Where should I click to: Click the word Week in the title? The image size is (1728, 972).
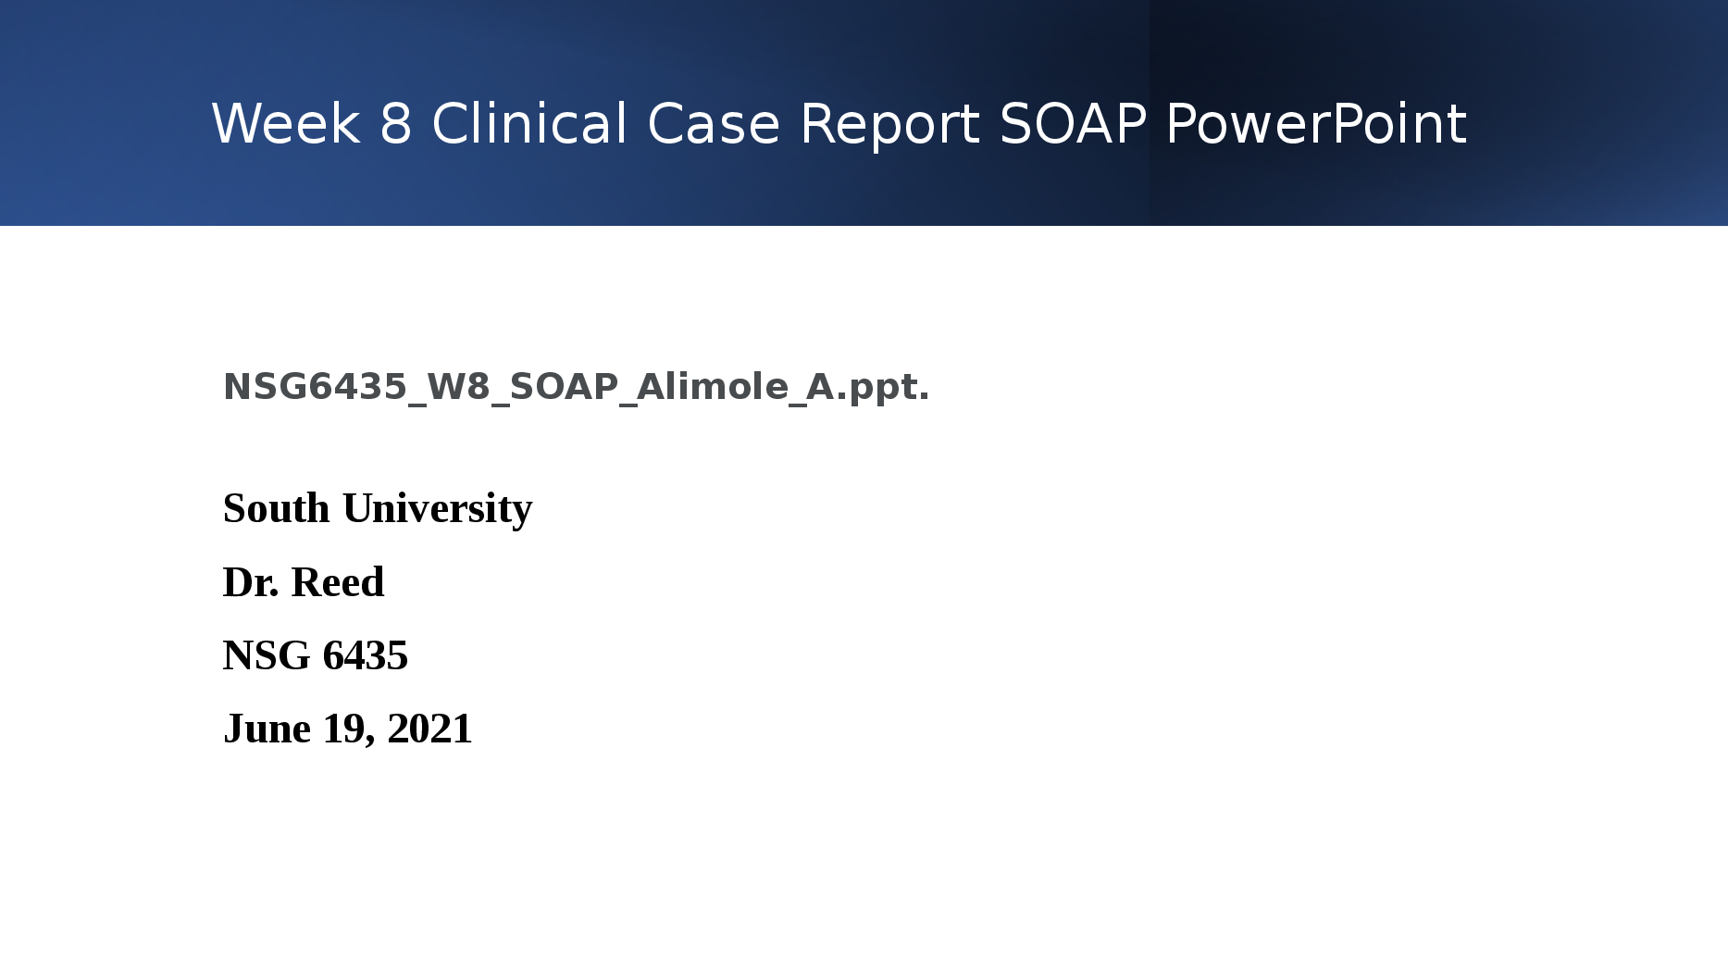tap(286, 124)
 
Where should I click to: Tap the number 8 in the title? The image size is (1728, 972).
tap(395, 124)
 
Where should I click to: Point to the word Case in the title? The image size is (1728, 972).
tap(714, 124)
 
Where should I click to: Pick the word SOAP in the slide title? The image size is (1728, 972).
tap(1074, 124)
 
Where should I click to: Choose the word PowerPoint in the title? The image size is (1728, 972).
tap(1316, 124)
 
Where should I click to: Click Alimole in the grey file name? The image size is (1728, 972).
tap(712, 386)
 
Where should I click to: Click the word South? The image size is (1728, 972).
tap(277, 508)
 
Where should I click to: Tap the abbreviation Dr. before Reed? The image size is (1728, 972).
tap(251, 582)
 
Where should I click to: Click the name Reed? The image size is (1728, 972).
tap(338, 582)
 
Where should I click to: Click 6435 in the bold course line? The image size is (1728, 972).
tap(366, 655)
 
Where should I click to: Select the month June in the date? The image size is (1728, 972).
tap(267, 729)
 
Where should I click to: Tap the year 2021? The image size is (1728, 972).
tap(430, 729)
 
